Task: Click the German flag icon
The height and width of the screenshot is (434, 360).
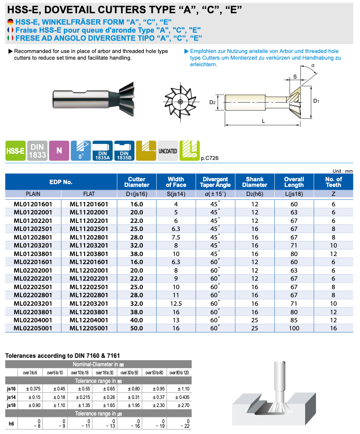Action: tap(10, 22)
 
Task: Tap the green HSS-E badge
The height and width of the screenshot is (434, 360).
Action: tap(15, 151)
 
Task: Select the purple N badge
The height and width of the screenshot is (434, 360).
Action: tap(59, 151)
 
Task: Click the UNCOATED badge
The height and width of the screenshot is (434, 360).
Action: tap(167, 151)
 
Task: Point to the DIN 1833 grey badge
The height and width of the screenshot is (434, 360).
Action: tap(37, 151)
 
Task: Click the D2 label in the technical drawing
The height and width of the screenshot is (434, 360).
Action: tap(212, 102)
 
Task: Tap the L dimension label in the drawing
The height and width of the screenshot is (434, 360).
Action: tap(263, 121)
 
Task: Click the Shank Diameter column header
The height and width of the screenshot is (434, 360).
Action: tap(258, 182)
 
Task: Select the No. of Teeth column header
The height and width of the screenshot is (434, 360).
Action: tap(334, 182)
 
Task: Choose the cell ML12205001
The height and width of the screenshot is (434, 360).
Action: tap(89, 328)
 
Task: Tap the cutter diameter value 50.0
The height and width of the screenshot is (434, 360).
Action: tap(137, 328)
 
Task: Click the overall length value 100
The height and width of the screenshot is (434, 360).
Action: tap(294, 328)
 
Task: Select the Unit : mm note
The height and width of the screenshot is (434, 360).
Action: tap(343, 171)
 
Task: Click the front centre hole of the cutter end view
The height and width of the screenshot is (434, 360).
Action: tap(181, 102)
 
